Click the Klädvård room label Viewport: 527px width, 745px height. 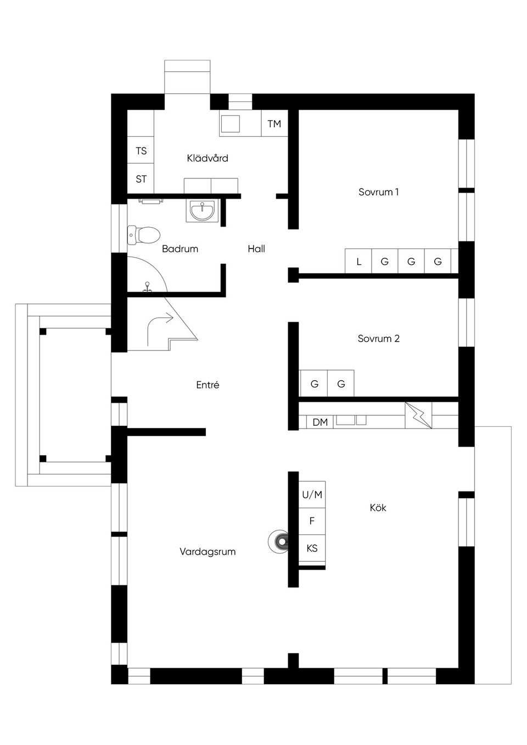tap(208, 159)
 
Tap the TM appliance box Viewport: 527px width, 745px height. tap(274, 124)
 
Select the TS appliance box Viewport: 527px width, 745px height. tap(141, 151)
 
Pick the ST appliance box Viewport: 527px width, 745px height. tap(141, 179)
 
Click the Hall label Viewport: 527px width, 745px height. tap(256, 249)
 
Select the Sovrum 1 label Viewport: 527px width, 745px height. tap(378, 192)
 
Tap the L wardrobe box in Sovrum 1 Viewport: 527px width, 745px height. tap(358, 262)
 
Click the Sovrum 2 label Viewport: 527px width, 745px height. tap(378, 338)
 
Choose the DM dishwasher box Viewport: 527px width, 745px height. tap(319, 422)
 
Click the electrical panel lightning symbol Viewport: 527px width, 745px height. tap(418, 415)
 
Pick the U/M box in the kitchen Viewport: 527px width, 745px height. tap(312, 495)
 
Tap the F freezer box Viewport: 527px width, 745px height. tap(312, 521)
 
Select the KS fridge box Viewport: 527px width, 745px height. tap(312, 548)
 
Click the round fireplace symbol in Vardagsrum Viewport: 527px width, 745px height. tap(279, 543)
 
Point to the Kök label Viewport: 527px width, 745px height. tap(378, 508)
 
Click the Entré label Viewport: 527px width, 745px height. tap(208, 385)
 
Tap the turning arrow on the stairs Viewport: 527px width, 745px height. tap(159, 327)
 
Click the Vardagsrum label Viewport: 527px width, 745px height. tap(208, 552)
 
